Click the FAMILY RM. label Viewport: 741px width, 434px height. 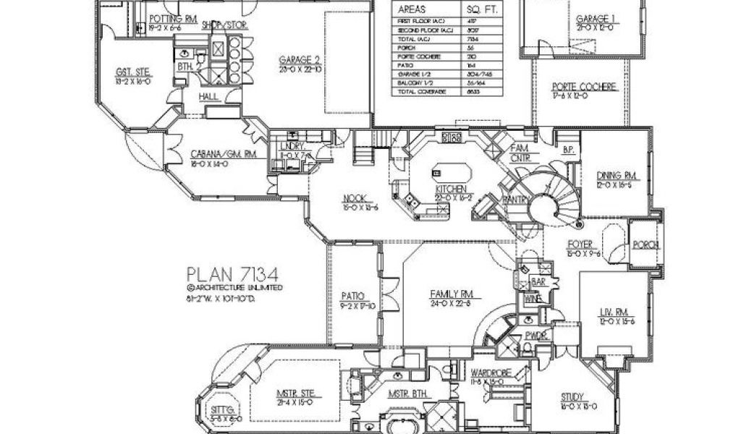tap(451, 294)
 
